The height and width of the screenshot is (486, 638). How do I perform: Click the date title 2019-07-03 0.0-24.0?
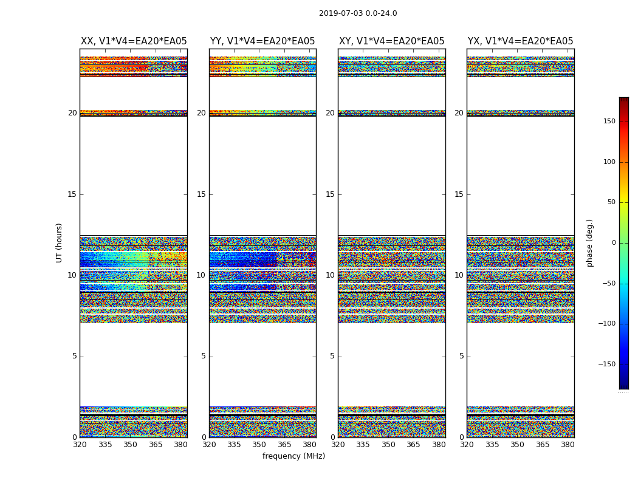pyautogui.click(x=358, y=13)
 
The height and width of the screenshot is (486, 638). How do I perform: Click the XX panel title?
pyautogui.click(x=134, y=41)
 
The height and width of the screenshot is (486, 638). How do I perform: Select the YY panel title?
pyautogui.click(x=262, y=41)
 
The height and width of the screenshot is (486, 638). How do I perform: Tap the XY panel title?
pyautogui.click(x=391, y=41)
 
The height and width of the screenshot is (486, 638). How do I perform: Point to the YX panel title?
pyautogui.click(x=520, y=41)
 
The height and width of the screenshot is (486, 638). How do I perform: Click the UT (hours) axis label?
pyautogui.click(x=59, y=242)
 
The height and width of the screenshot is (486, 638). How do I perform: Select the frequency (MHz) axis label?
pyautogui.click(x=293, y=456)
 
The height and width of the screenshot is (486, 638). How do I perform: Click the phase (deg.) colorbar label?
pyautogui.click(x=589, y=242)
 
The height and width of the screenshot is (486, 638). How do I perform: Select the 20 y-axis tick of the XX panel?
pyautogui.click(x=72, y=113)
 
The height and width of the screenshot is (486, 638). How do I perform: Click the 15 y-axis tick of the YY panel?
pyautogui.click(x=201, y=194)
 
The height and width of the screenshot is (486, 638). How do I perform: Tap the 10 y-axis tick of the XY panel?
pyautogui.click(x=330, y=275)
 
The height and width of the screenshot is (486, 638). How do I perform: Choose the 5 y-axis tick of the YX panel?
pyautogui.click(x=461, y=356)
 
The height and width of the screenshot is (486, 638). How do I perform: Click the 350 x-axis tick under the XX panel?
pyautogui.click(x=130, y=445)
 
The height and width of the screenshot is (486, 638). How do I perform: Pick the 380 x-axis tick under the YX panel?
pyautogui.click(x=568, y=445)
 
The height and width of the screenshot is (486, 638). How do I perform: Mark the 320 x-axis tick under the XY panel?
pyautogui.click(x=338, y=445)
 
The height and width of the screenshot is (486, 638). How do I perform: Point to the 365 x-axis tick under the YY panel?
pyautogui.click(x=284, y=445)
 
